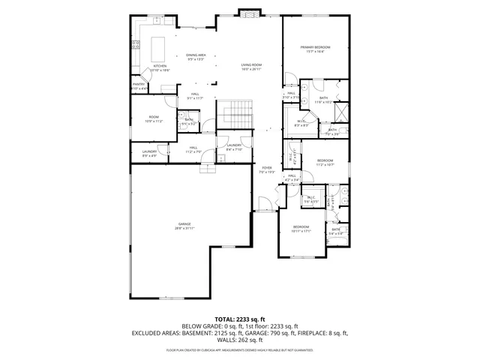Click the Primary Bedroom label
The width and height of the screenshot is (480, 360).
click(316, 49)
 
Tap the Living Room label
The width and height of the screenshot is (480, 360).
click(250, 67)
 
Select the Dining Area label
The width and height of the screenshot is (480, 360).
click(196, 56)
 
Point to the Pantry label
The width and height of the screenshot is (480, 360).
click(139, 85)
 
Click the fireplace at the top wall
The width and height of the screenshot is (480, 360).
click(250, 13)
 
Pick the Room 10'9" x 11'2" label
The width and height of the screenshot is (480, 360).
click(154, 118)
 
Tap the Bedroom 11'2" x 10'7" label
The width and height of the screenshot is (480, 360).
click(325, 162)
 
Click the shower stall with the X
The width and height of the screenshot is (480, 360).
click(340, 113)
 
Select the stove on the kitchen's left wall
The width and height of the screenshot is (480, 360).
click(136, 45)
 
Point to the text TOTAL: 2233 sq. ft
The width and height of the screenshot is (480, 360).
click(240, 319)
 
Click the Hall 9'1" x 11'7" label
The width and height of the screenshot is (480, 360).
click(194, 95)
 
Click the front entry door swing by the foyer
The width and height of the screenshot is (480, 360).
click(262, 202)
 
